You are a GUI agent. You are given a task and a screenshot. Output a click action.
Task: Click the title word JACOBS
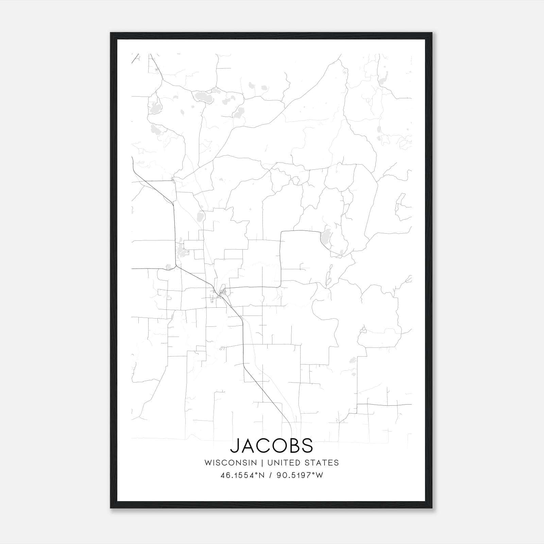click(272, 445)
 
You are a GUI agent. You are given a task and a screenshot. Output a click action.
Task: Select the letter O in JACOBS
click(278, 445)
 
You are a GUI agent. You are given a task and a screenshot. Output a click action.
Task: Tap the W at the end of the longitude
click(319, 475)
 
